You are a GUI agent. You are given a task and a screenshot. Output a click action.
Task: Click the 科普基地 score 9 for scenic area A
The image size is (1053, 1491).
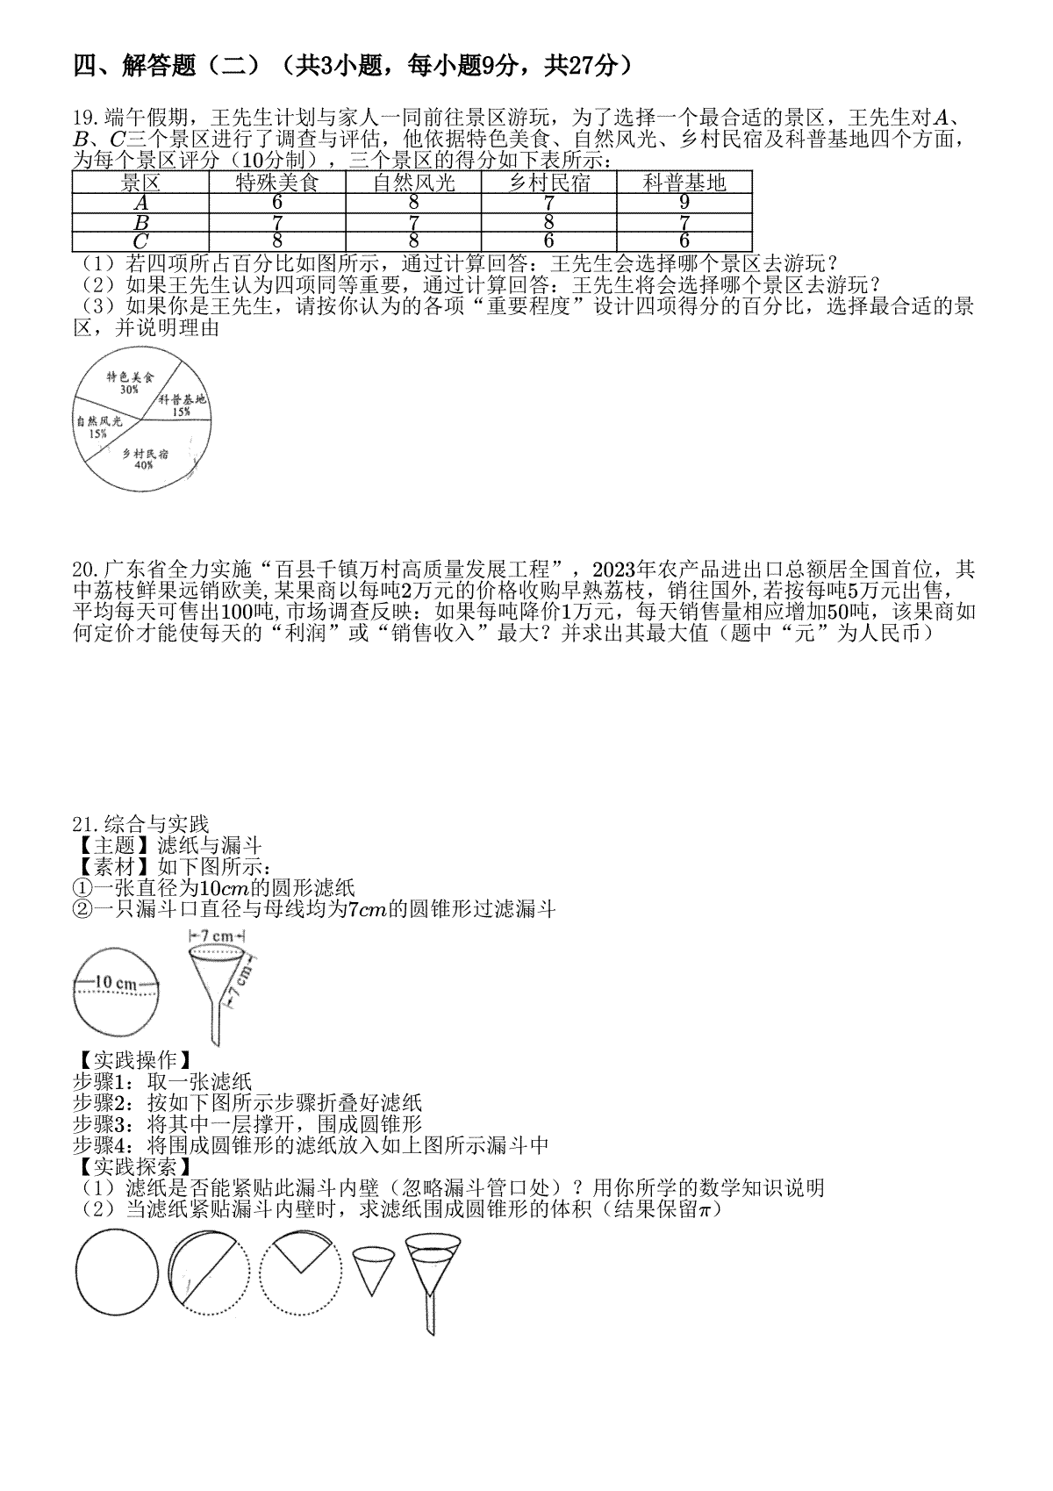tap(684, 203)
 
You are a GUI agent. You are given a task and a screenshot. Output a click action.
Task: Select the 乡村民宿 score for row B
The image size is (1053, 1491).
tap(548, 222)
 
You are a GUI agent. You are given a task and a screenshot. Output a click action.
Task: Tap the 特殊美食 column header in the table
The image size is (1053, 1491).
tap(277, 183)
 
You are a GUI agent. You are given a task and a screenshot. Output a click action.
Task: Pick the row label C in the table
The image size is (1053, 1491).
tap(140, 241)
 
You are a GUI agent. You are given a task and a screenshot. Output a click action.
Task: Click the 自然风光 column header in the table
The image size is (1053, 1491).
tap(413, 183)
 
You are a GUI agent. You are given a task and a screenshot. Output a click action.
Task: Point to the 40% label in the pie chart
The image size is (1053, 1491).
tap(144, 465)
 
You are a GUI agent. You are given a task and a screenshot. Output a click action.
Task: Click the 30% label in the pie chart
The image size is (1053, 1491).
tap(129, 390)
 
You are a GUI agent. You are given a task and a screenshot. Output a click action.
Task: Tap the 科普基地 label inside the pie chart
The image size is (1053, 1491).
tap(182, 399)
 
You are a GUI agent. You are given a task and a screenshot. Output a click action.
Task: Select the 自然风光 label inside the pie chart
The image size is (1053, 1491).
tap(100, 420)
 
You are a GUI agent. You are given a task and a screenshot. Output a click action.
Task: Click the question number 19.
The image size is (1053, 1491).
tap(85, 118)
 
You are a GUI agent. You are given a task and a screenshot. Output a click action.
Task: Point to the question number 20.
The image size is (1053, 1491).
tap(85, 570)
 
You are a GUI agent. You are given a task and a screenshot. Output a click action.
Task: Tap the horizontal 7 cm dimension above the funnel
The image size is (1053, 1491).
tap(217, 935)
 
